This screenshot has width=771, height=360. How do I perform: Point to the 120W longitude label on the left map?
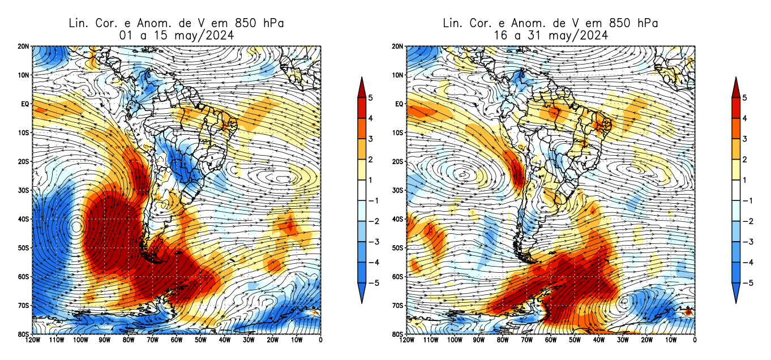tap(32, 340)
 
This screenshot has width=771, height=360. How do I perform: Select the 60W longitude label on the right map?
tap(550, 340)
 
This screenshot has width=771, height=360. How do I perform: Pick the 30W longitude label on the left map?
tap(249, 340)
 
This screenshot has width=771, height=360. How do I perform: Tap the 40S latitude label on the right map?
tap(399, 219)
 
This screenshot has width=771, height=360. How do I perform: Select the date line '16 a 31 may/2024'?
tap(550, 35)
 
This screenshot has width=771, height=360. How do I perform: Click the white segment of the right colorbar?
tap(736, 190)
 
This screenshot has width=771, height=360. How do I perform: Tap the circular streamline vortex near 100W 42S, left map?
tap(77, 228)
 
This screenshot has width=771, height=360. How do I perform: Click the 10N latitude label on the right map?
tap(399, 75)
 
